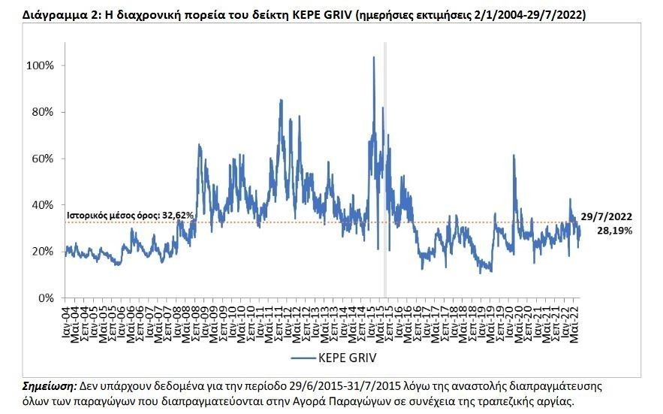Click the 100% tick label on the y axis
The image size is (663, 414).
[40, 65]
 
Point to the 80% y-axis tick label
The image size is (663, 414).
[43, 112]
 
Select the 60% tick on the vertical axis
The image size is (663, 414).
[43, 159]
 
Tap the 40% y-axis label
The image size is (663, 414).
[43, 204]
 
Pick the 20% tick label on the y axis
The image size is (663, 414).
[43, 251]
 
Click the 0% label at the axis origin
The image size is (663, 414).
[46, 298]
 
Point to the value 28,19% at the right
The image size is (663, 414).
[614, 231]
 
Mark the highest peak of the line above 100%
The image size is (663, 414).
[374, 58]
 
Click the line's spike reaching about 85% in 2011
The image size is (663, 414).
[281, 100]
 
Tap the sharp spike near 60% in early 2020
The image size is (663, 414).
[514, 156]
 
